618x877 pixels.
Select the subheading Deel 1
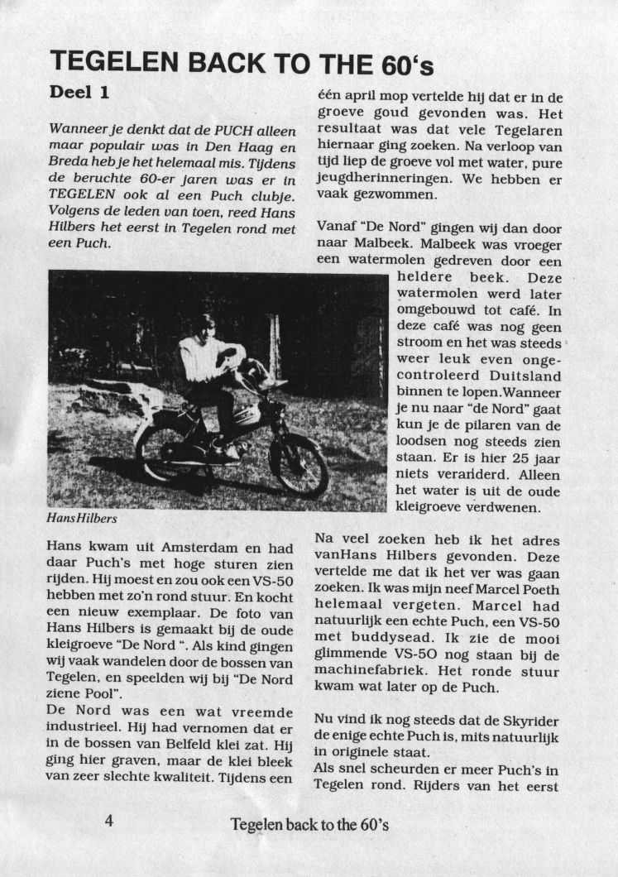coord(79,93)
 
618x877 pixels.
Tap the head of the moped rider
coord(202,325)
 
